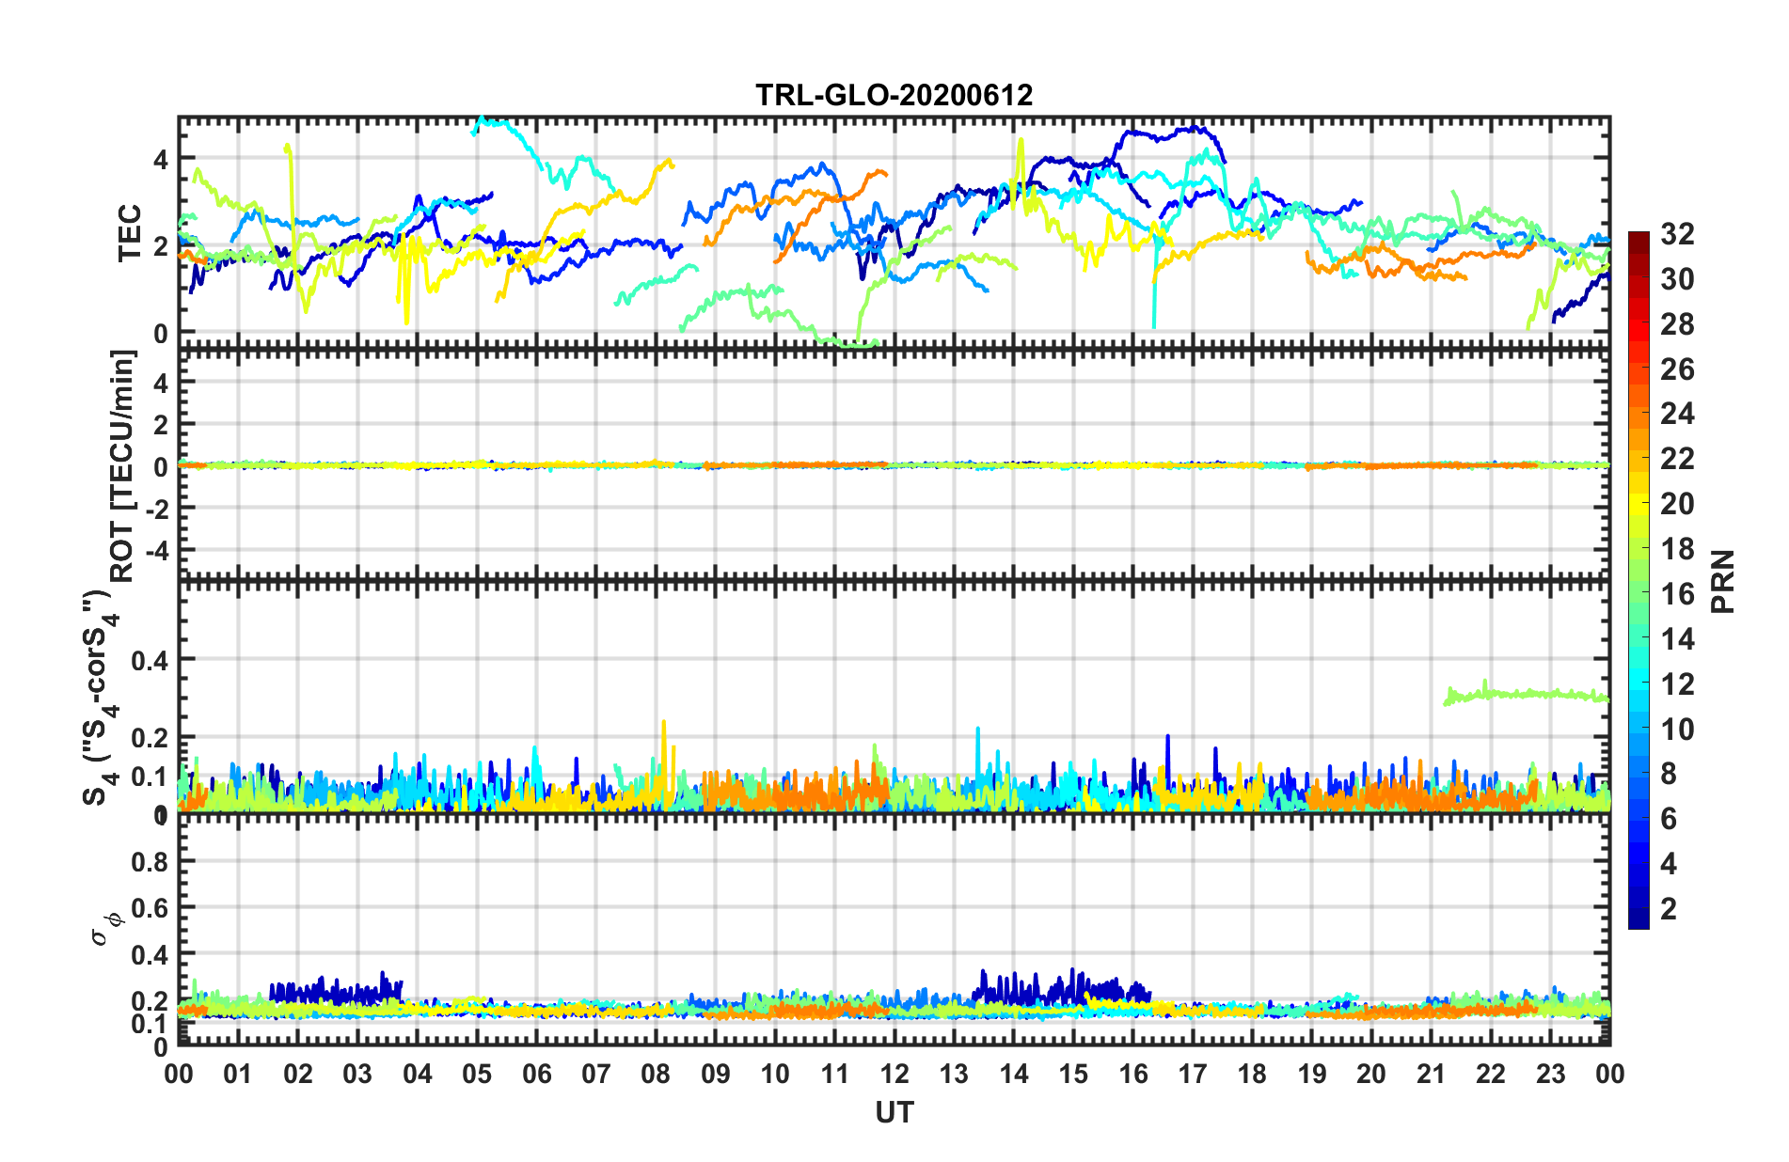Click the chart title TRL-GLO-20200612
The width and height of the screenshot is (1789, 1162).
(894, 95)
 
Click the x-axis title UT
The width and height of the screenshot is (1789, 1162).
(894, 1112)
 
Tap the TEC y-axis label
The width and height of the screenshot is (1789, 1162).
(129, 233)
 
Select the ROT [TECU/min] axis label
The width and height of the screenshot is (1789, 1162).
(123, 465)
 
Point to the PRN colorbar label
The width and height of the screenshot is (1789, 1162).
(1722, 581)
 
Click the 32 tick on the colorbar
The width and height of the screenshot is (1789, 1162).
(1676, 234)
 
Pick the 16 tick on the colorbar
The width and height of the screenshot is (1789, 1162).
(1676, 594)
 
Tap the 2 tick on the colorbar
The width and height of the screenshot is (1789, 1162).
(1669, 909)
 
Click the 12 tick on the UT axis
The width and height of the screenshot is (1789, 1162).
(894, 1074)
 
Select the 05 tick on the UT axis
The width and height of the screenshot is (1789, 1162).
(477, 1074)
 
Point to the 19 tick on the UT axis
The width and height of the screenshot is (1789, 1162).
(1312, 1074)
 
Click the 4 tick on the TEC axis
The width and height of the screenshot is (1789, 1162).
(162, 159)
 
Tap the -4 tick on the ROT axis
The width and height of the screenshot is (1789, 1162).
(155, 548)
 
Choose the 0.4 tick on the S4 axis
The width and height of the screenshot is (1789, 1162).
(150, 660)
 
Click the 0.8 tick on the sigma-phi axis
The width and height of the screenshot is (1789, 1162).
(150, 861)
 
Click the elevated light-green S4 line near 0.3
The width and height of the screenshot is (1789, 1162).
(1524, 694)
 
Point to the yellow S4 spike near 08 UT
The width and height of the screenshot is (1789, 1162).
(664, 743)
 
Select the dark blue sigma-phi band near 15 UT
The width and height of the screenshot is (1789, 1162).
(1072, 987)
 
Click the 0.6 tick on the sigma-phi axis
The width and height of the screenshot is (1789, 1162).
(150, 908)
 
